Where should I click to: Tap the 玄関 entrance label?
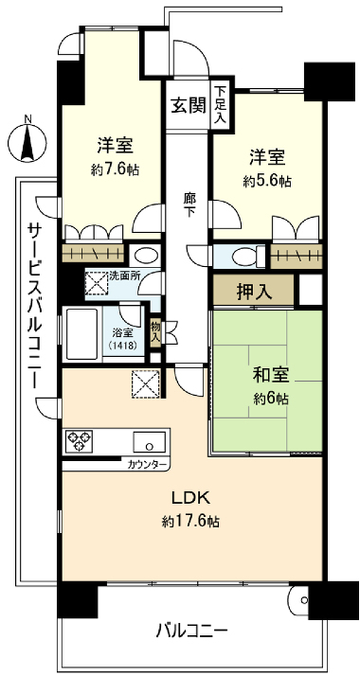[x=188, y=104]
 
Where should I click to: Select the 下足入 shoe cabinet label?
[x=220, y=104]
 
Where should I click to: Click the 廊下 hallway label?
[x=190, y=206]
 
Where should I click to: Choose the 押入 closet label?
[x=254, y=291]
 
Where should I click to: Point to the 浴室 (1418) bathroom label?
[x=123, y=339]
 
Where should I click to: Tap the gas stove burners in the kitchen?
[x=79, y=441]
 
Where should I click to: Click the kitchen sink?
[x=148, y=441]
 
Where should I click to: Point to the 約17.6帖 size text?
[x=189, y=522]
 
